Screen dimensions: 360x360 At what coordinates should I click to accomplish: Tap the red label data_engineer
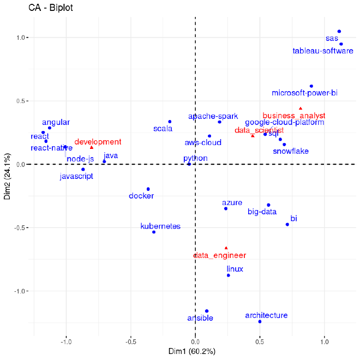[x=220, y=255]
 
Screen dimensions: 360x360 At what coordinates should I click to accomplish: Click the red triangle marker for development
[x=92, y=147]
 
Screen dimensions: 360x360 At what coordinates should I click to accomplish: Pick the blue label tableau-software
[x=322, y=51]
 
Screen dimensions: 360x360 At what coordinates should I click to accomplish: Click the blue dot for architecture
[x=260, y=322]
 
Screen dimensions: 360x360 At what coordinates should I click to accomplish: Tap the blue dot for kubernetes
[x=154, y=232]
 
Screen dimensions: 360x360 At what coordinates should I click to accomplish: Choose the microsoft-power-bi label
[x=304, y=93]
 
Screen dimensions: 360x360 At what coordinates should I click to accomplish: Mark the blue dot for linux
[x=228, y=275]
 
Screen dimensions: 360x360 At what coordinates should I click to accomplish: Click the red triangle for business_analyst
[x=300, y=108]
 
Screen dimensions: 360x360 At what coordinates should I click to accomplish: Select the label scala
[x=163, y=129]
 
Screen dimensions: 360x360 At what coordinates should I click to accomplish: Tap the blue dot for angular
[x=50, y=128]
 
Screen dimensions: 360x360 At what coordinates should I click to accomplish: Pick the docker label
[x=141, y=196]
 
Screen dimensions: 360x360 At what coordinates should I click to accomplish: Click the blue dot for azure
[x=226, y=208]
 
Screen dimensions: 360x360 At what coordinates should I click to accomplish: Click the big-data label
[x=262, y=212]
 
